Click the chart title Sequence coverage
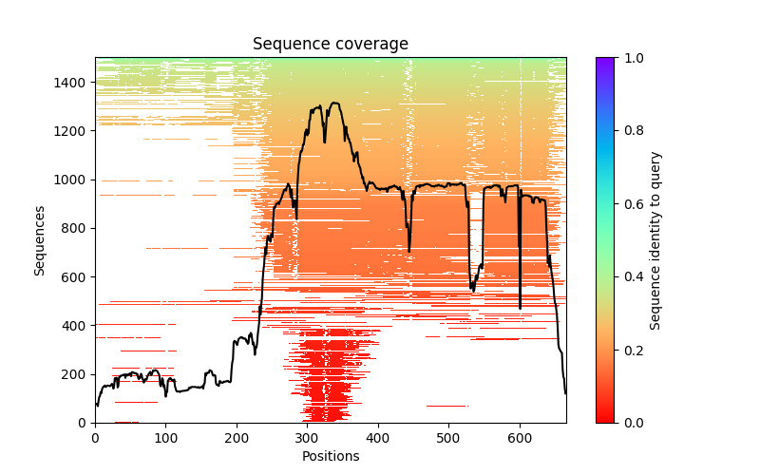[x=330, y=44]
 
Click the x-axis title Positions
[x=330, y=456]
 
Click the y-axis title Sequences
[x=40, y=239]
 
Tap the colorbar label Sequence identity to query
[x=655, y=239]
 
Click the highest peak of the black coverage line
[x=334, y=103]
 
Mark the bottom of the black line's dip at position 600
[x=520, y=308]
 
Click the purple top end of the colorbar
[x=604, y=61]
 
